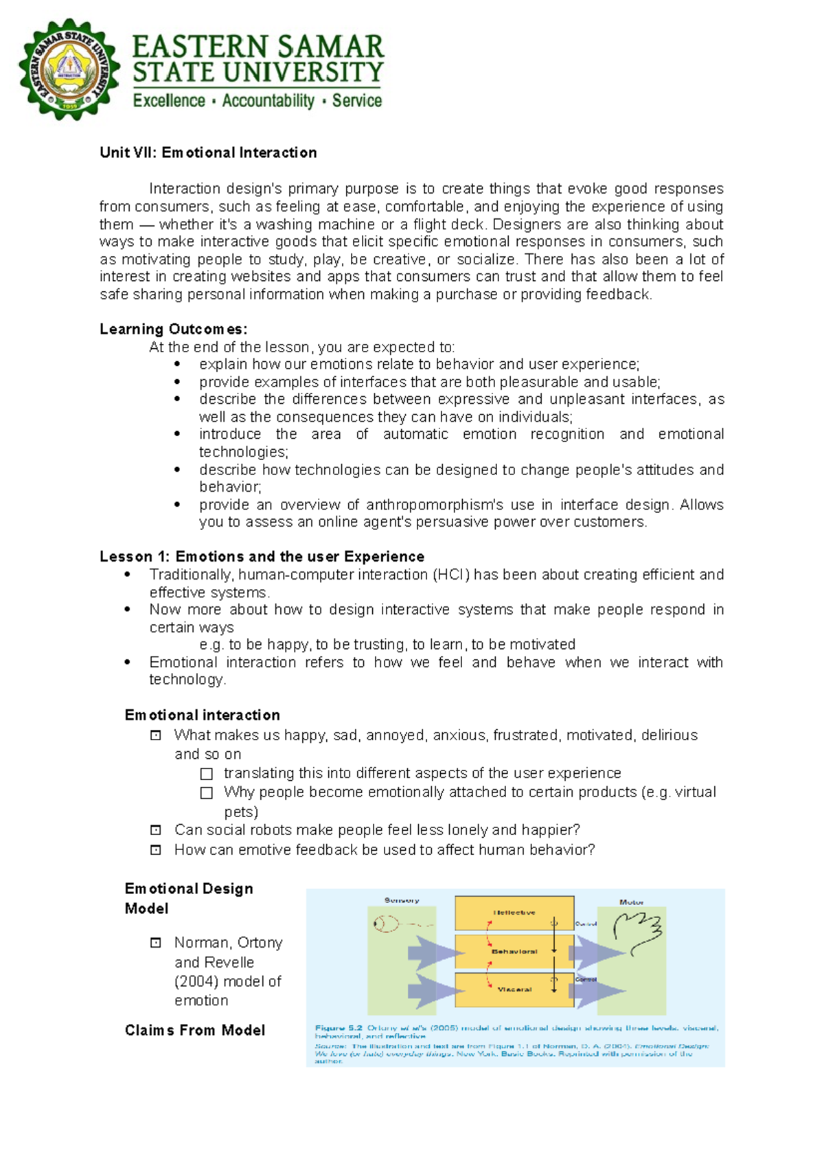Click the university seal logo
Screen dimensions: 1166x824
69,70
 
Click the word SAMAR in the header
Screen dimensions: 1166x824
330,47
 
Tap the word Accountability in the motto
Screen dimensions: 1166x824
268,101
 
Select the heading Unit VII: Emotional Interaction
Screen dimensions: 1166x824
208,152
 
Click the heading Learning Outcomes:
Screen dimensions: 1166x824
173,329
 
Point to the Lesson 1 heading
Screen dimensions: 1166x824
262,556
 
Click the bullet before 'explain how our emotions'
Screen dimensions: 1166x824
178,365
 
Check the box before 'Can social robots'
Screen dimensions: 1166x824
156,830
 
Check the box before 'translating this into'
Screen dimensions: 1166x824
206,774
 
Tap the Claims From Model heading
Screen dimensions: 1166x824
195,1030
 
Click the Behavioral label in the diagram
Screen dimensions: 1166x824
514,952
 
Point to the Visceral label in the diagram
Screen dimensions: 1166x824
514,990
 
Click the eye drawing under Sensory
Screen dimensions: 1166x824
387,924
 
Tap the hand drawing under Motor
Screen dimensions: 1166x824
637,930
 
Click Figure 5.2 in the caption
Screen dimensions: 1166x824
339,1028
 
